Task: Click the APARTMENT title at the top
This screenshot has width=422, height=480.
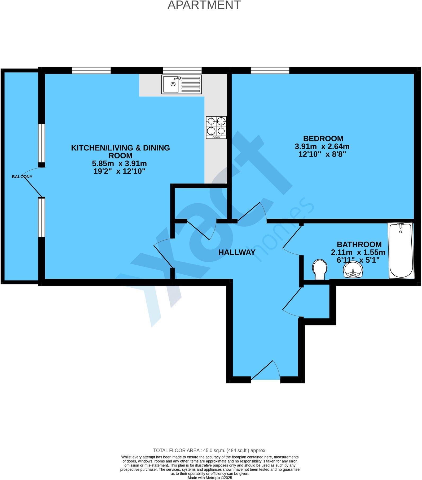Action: coord(204,5)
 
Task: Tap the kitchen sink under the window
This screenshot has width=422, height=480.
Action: coord(182,84)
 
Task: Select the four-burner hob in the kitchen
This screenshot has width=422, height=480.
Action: coord(216,127)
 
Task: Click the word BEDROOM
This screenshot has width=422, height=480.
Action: coord(323,139)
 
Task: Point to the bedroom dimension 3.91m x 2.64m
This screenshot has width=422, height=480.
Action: coord(322,146)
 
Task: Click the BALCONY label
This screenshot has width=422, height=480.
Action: coord(22,177)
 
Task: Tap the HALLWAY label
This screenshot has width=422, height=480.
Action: coord(237,252)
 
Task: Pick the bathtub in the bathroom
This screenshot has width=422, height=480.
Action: coord(401,250)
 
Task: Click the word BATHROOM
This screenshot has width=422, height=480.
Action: coord(359,244)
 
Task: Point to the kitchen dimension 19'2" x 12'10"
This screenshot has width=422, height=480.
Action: coord(120,171)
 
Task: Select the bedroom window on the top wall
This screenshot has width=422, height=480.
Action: coord(270,70)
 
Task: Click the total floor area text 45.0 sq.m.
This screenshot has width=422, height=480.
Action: coord(210,450)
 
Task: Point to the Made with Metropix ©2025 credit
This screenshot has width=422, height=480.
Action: coord(210,478)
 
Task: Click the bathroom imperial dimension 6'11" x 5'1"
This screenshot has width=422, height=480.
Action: coord(358,260)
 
